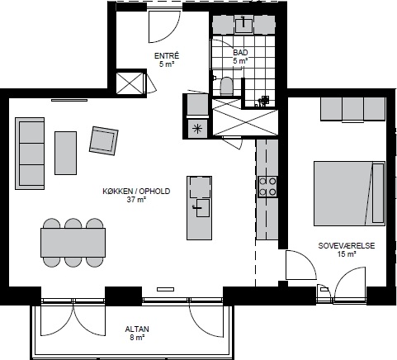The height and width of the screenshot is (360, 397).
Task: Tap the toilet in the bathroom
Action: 226,86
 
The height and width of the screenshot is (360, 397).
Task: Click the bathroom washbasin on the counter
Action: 243,24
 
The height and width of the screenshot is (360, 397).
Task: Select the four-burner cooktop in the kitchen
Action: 267,187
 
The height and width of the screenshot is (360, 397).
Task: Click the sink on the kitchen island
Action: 202,208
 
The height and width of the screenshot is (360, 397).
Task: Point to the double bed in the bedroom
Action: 349,193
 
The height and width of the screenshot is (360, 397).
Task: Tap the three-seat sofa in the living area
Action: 30,154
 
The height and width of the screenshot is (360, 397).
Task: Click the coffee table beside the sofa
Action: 65,153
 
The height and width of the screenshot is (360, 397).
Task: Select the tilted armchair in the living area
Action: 104,140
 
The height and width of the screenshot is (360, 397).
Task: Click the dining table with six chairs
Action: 73,243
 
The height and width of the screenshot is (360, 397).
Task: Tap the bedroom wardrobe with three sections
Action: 352,109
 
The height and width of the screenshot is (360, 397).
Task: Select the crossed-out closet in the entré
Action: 130,83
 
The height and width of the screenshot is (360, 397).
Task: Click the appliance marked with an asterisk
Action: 197,129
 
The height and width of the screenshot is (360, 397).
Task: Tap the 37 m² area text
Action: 136,200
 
